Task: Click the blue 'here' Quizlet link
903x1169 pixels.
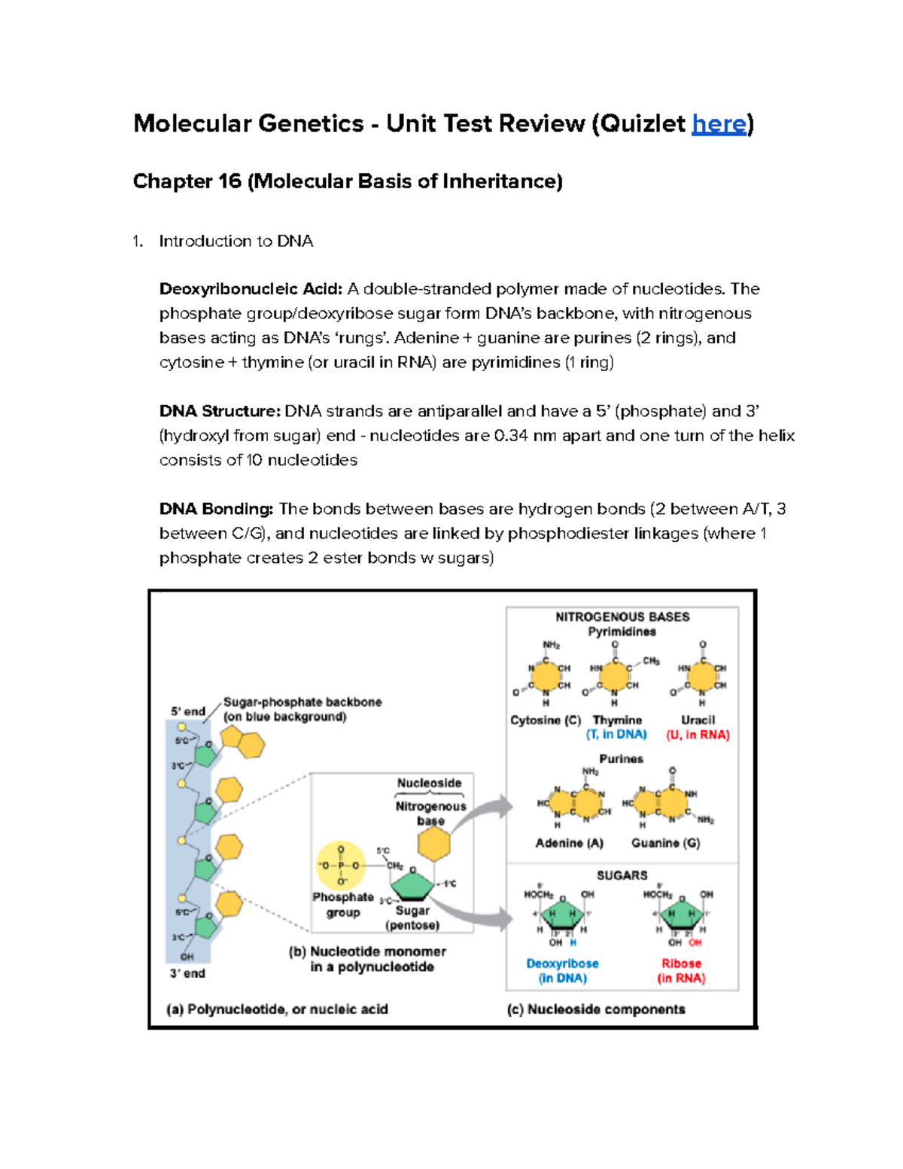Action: (x=719, y=123)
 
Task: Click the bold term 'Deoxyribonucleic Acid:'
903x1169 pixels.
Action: (x=251, y=289)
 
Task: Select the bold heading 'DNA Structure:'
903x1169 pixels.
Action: (x=220, y=411)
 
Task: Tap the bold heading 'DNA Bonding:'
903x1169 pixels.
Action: (x=216, y=509)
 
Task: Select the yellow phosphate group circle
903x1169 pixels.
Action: (x=341, y=866)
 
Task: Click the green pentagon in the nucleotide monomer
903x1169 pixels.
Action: (x=413, y=885)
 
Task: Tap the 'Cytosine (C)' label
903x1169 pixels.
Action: (x=546, y=720)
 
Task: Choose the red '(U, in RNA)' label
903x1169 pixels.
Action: (x=698, y=735)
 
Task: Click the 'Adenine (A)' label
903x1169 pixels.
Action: (x=570, y=843)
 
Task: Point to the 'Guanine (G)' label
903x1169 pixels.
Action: (x=666, y=843)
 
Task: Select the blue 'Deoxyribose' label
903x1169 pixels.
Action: (x=563, y=964)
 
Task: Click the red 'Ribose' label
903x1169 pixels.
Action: (x=682, y=964)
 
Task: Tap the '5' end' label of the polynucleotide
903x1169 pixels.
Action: (x=187, y=711)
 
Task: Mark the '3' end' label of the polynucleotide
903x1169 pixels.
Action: (x=187, y=973)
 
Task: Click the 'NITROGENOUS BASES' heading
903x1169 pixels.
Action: (x=622, y=617)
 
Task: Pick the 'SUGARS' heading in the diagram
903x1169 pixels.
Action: (x=622, y=875)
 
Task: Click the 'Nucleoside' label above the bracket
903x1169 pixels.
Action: (x=430, y=783)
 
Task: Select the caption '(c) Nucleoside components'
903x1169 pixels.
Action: (x=596, y=1009)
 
